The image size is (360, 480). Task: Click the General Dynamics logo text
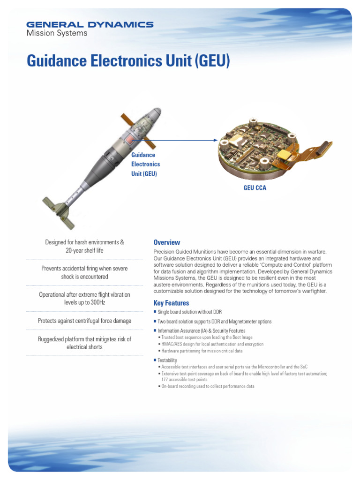tap(90, 24)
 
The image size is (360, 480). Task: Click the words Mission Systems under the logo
tap(57, 33)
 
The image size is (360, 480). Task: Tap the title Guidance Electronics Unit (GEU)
tap(128, 61)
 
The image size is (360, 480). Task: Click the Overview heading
tap(166, 242)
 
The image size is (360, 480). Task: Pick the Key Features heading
tap(171, 303)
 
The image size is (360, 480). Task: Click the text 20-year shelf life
tap(85, 250)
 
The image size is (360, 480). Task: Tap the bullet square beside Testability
tap(155, 360)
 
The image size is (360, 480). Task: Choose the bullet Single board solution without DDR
tap(189, 312)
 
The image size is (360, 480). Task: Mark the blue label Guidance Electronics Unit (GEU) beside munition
tap(145, 164)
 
